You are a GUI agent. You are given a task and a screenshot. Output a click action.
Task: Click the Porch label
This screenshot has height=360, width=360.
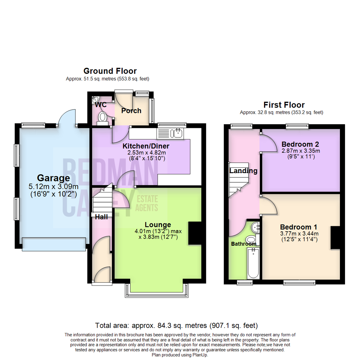point(131,111)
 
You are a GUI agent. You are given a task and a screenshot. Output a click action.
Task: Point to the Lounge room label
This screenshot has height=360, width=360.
point(158,225)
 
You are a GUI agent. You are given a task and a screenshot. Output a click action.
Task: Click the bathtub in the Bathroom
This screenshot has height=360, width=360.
point(253,263)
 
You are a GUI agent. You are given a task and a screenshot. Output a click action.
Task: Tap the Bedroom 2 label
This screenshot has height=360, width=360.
point(300,144)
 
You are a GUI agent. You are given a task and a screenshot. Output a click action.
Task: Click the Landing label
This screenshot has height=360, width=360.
point(243,171)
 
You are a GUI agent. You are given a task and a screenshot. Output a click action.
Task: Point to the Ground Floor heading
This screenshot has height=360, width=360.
point(110,71)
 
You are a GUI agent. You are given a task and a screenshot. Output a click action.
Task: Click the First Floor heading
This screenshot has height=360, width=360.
point(284,105)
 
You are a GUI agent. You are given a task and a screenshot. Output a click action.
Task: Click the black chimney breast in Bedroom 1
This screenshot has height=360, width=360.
point(335,238)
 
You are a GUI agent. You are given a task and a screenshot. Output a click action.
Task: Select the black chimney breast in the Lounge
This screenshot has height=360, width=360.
point(195,233)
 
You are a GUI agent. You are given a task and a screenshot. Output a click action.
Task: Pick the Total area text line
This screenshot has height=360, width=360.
point(176,325)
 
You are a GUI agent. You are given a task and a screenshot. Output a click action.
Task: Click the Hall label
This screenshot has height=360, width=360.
point(101,217)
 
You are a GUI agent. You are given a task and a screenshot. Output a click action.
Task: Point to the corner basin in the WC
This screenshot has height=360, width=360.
point(95,99)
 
